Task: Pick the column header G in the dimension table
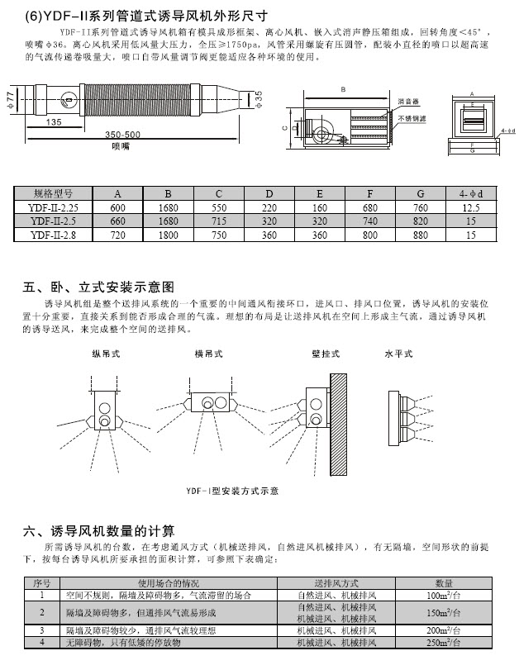(x=420, y=196)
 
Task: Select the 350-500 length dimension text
(x=121, y=133)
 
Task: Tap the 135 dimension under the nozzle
(x=55, y=121)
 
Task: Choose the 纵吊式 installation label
(x=106, y=356)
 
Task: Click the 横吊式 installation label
(x=206, y=356)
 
